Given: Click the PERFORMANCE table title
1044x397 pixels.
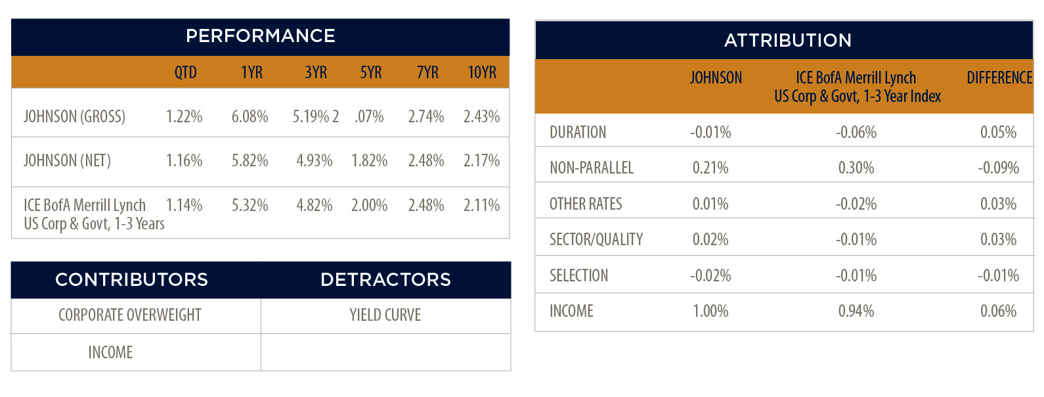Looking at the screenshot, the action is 261,36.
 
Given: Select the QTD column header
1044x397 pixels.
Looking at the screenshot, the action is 186,72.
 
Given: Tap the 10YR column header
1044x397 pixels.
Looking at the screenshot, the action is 482,72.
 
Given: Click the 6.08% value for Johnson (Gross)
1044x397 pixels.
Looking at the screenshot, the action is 250,116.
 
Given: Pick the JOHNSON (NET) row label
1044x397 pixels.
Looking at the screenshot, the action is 67,160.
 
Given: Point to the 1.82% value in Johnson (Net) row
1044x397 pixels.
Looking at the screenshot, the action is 369,160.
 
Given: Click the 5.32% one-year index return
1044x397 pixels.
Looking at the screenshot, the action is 250,205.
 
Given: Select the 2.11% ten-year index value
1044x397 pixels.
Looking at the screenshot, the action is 481,205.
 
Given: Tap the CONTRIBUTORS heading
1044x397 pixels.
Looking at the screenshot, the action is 132,279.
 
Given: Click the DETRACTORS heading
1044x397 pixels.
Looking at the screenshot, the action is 386,279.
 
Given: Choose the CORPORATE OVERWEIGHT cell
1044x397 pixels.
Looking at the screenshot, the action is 130,315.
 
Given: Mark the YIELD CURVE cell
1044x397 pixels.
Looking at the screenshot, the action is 385,315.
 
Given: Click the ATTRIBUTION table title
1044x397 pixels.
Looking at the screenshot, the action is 788,41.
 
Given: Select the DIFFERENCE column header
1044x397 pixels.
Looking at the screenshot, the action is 1000,78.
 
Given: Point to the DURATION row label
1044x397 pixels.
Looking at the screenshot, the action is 578,132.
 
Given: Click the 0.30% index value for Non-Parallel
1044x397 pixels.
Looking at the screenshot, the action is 856,168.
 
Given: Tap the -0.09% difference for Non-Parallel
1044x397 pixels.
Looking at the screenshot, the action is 998,168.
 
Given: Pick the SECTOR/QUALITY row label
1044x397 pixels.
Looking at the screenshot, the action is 596,239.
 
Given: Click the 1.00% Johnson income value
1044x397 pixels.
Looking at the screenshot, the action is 710,311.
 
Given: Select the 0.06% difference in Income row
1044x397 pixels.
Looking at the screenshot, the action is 998,311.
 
